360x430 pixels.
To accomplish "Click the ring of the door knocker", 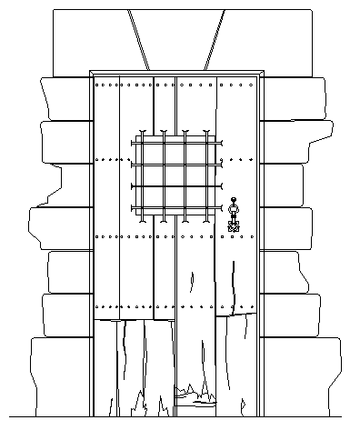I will (233, 213).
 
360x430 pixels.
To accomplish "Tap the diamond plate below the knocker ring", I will (233, 225).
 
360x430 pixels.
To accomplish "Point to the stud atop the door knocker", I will (233, 200).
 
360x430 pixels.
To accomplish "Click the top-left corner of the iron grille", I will (136, 137).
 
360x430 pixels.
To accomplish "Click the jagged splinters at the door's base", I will (195, 393).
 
